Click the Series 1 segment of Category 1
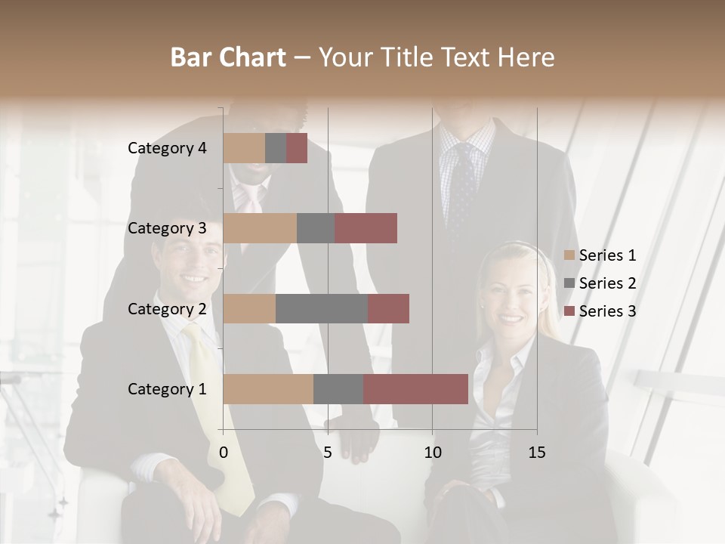click(268, 388)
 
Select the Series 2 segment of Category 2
click(322, 308)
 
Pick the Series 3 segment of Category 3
click(366, 228)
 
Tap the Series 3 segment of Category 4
click(297, 148)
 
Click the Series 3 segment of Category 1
click(415, 388)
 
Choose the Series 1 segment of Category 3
click(260, 228)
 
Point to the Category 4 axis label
click(167, 148)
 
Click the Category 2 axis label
click(167, 308)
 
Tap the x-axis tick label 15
click(537, 453)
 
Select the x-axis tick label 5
click(328, 453)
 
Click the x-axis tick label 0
click(224, 453)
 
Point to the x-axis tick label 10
click(432, 453)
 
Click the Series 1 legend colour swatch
click(569, 255)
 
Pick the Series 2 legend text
click(607, 283)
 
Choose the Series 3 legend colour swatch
click(569, 311)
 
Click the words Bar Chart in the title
click(228, 57)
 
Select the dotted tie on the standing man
click(461, 189)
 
